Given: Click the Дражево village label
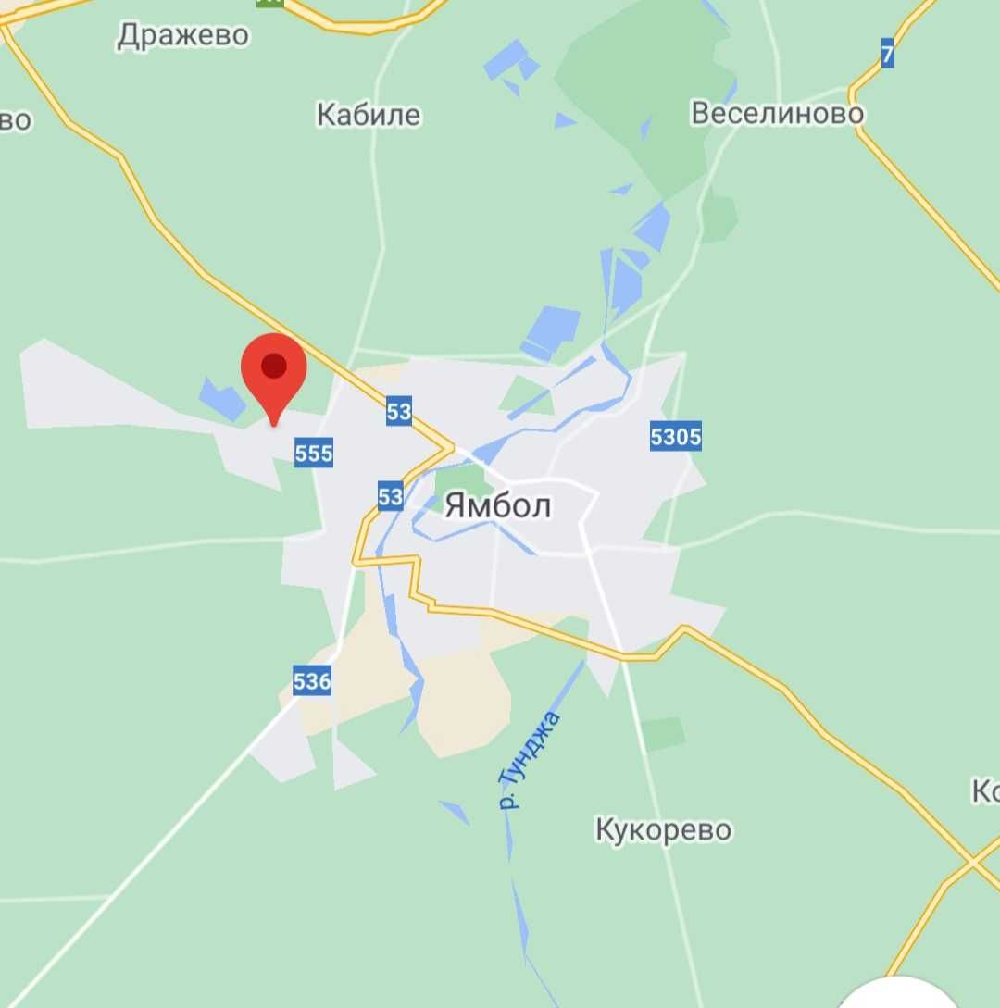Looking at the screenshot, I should click(183, 35).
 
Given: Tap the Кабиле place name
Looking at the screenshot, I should click(369, 115).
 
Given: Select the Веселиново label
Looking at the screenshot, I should click(778, 113).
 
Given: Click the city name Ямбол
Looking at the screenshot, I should click(498, 505).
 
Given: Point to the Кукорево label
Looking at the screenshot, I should click(663, 829).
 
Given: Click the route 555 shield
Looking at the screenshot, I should click(314, 453).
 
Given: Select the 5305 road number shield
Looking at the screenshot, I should click(676, 436).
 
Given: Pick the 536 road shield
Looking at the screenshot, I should click(311, 682).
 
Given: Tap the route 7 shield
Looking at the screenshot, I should click(888, 55).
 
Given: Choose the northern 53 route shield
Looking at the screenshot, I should click(398, 411).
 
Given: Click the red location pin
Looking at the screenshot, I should click(273, 370).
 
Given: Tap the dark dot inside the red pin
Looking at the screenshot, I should click(274, 366).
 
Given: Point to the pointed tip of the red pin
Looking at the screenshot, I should click(273, 425).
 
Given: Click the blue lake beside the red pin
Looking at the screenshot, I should click(222, 398).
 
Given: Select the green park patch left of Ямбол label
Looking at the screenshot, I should click(461, 482).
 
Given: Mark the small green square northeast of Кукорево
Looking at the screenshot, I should click(664, 733).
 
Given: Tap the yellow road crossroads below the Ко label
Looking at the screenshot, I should click(973, 864).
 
